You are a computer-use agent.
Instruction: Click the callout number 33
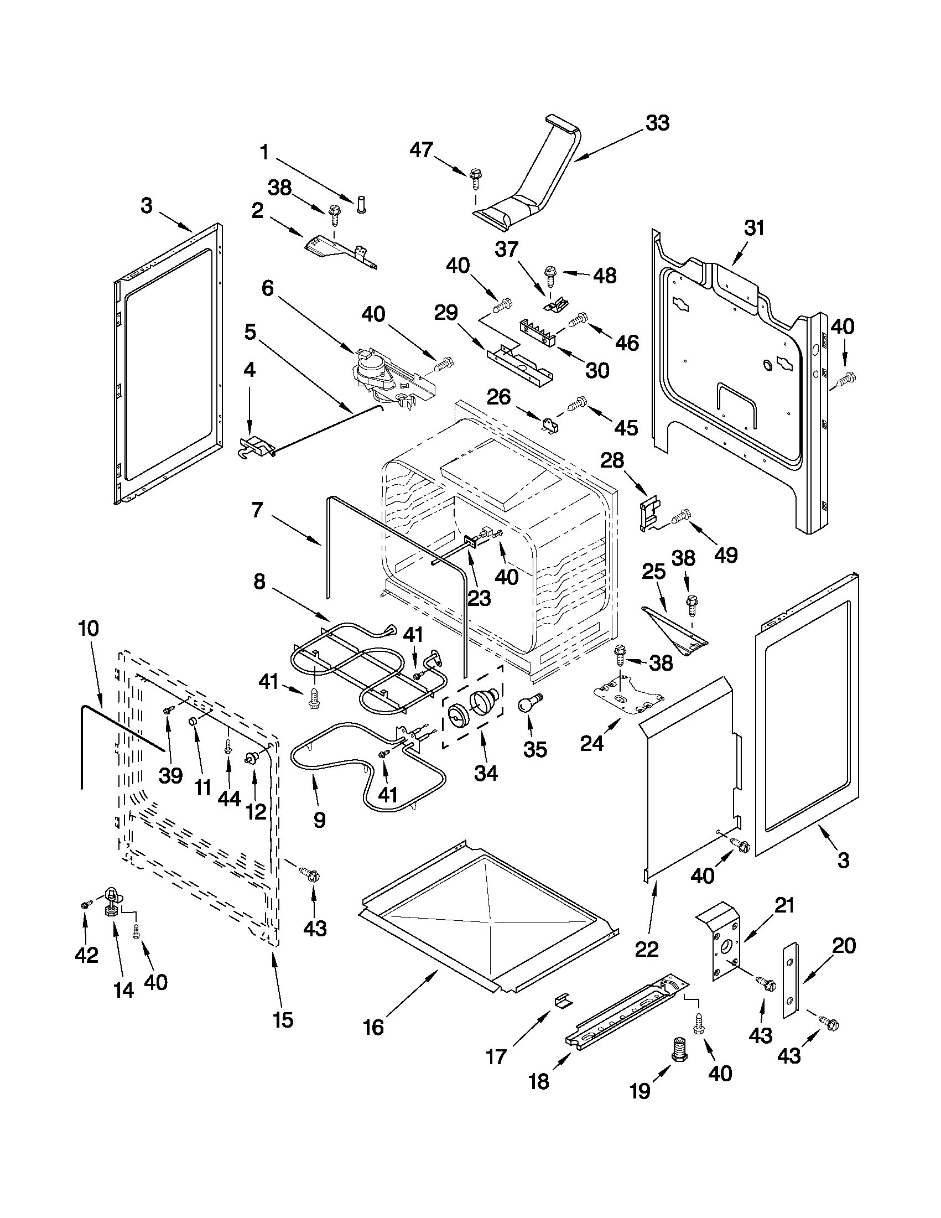click(657, 123)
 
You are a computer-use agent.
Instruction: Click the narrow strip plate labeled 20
click(789, 982)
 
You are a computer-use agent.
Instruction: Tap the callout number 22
click(647, 949)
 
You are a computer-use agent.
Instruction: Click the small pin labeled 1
click(360, 205)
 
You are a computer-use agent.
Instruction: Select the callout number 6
click(268, 288)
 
